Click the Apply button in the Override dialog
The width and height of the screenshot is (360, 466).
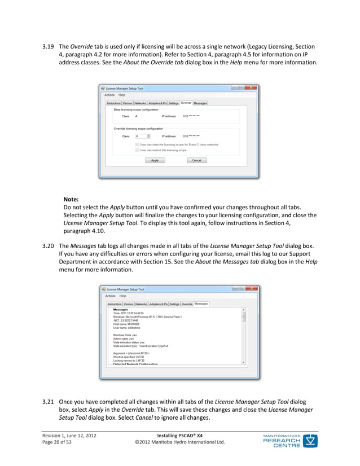(155, 160)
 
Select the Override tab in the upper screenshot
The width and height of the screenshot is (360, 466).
(186, 103)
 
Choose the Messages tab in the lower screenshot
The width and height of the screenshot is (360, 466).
(201, 304)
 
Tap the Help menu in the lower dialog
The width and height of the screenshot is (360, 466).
(122, 296)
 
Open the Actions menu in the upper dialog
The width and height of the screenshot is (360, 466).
(109, 95)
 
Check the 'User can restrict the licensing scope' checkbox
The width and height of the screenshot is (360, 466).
(137, 150)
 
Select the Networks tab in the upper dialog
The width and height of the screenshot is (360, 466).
(140, 103)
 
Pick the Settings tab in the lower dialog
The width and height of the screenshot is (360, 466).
(174, 304)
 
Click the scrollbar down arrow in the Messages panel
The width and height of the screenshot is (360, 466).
(244, 362)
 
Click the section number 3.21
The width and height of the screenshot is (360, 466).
(49, 402)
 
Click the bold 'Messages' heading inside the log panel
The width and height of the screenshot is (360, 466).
(120, 309)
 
